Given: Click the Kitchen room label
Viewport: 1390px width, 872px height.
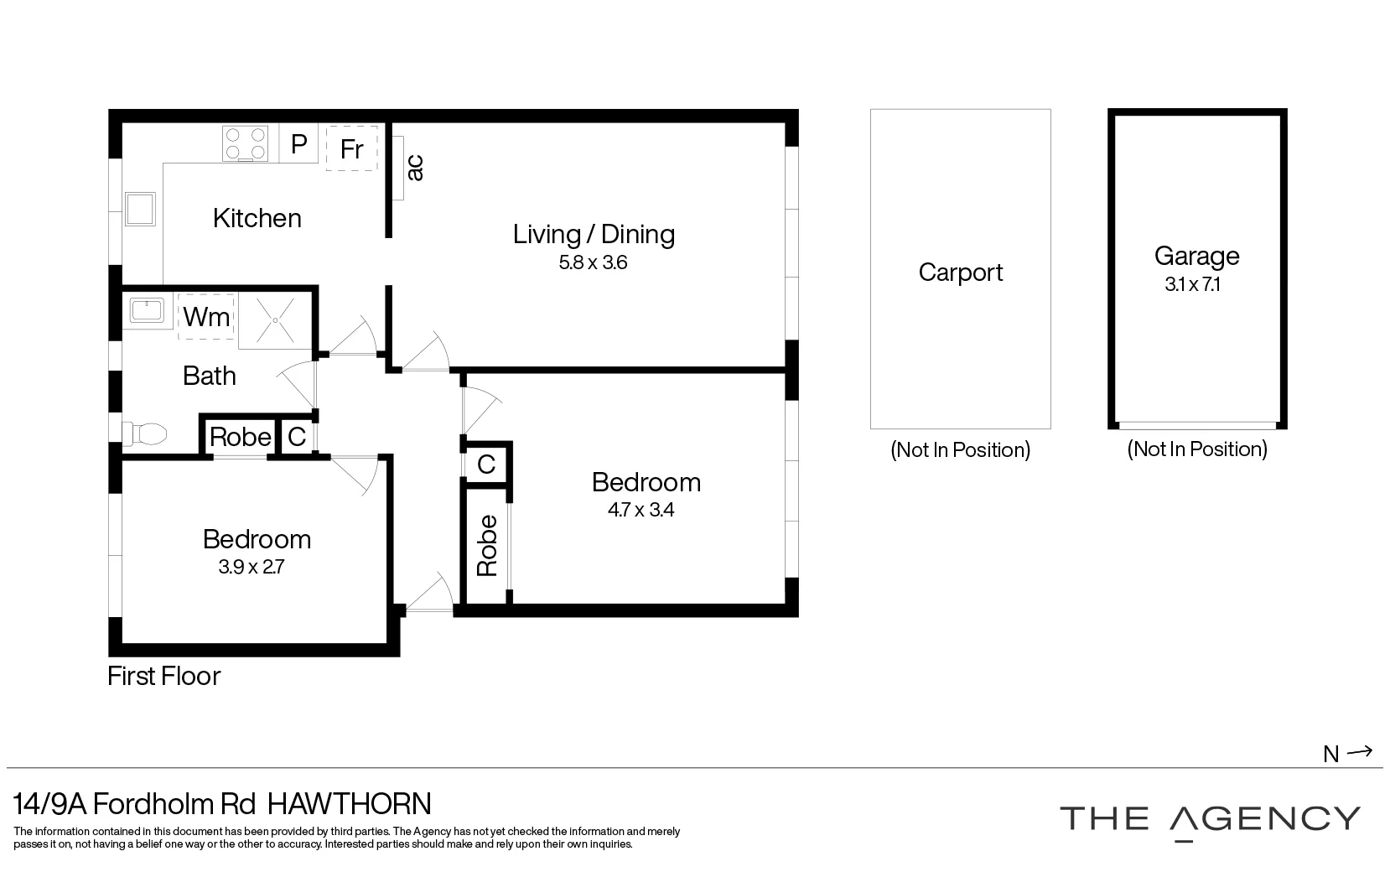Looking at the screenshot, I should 257,218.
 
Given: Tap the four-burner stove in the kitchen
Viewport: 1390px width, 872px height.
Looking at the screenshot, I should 245,143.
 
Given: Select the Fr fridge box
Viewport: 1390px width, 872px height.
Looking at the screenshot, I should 351,148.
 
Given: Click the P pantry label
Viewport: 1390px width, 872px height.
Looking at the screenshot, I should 298,144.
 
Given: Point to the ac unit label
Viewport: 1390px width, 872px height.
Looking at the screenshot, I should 414,168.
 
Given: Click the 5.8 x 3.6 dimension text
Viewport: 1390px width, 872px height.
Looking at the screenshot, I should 593,262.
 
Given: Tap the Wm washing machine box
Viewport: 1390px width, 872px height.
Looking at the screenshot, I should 206,317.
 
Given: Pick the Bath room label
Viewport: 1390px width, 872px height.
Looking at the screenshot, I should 209,376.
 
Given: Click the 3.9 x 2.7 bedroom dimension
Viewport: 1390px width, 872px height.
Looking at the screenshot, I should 252,567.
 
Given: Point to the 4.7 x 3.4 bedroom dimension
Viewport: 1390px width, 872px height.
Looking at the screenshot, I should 641,510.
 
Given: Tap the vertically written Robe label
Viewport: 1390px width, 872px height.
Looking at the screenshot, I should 487,545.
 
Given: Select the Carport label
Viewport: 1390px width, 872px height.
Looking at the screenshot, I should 960,272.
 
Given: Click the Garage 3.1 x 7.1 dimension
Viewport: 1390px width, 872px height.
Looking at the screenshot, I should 1192,284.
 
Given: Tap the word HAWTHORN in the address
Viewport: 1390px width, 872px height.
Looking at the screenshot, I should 349,804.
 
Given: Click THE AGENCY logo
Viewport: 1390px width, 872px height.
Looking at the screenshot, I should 1209,819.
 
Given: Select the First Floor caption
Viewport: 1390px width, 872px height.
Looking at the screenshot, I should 164,676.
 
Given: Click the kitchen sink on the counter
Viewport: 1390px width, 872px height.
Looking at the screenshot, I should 140,210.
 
